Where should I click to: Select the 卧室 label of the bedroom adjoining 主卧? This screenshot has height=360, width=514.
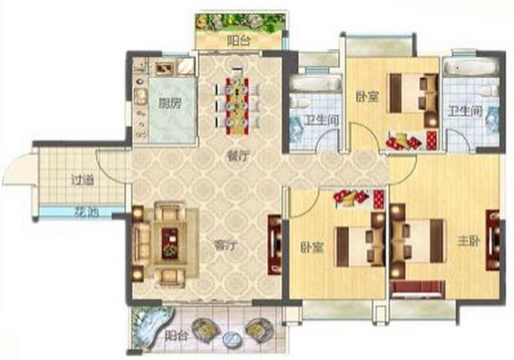(x=312, y=248)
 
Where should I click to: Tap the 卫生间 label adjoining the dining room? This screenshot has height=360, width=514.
(x=322, y=120)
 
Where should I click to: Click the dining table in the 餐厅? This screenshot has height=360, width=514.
(x=237, y=106)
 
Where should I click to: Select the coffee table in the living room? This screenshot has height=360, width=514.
(x=170, y=244)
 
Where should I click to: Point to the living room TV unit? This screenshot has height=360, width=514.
(x=274, y=244)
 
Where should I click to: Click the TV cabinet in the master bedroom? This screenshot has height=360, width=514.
(x=492, y=241)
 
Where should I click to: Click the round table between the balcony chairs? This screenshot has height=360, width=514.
(x=231, y=338)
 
